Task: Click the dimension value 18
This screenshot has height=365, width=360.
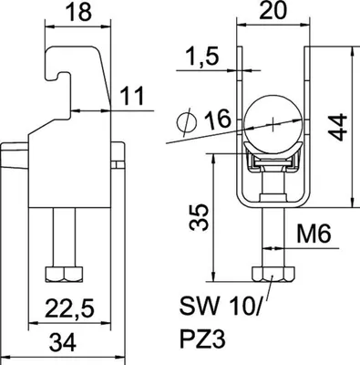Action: pyautogui.click(x=78, y=12)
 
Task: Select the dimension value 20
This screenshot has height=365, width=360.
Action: pyautogui.click(x=273, y=10)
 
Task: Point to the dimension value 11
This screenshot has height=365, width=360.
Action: pyautogui.click(x=132, y=96)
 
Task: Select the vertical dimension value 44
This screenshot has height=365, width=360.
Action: pyautogui.click(x=337, y=127)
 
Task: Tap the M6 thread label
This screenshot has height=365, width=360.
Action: pyautogui.click(x=314, y=234)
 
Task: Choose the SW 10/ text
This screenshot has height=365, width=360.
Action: pyautogui.click(x=220, y=306)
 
